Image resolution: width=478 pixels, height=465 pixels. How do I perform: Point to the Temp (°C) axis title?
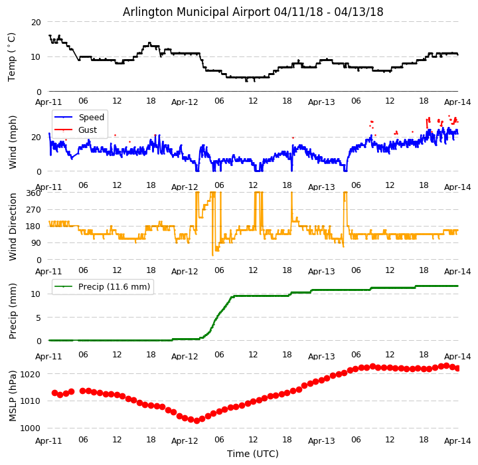[x=12, y=56]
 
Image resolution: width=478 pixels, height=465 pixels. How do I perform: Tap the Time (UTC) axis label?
[x=253, y=454]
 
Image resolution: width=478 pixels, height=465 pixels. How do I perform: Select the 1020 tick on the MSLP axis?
[x=30, y=374]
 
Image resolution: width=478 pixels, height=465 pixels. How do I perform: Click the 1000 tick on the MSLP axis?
[x=30, y=428]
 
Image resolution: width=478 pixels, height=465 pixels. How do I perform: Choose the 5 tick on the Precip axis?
[x=38, y=318]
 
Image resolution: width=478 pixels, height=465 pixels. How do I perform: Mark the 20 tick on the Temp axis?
[x=36, y=22]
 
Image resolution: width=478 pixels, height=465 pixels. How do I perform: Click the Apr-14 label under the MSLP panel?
[x=457, y=440]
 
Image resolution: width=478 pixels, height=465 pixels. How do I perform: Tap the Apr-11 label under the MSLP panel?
[x=49, y=440]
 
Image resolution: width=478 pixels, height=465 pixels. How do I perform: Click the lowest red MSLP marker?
[x=197, y=420]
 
